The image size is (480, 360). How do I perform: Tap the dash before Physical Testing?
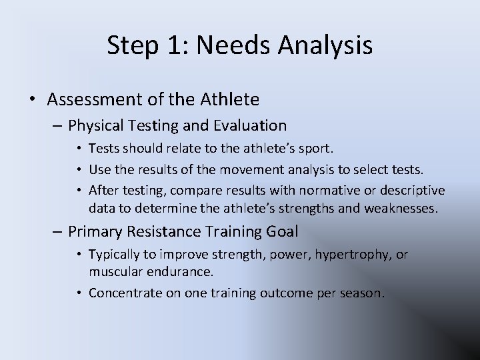tap(59, 125)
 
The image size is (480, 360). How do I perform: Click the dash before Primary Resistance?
tap(59, 232)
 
